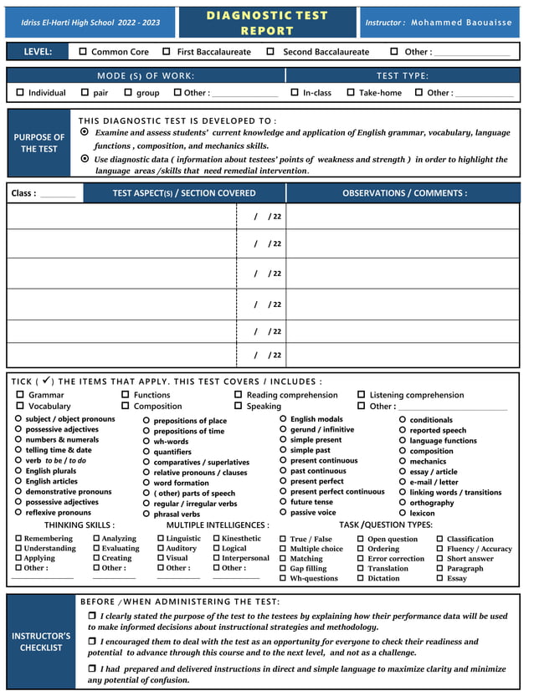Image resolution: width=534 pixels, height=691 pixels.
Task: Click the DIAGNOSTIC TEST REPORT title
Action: [x=267, y=23]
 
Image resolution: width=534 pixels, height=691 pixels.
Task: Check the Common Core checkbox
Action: [x=83, y=52]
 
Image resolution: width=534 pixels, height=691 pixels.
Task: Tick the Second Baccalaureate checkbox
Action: [x=270, y=52]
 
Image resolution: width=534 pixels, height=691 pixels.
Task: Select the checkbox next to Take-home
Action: [x=351, y=93]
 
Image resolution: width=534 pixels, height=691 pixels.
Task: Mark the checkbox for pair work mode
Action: [x=85, y=93]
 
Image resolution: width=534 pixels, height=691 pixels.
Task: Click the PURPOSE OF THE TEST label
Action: [x=39, y=143]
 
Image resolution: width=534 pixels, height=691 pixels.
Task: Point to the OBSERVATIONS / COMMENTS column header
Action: [x=404, y=193]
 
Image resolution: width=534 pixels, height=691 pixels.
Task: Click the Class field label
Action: [x=23, y=193]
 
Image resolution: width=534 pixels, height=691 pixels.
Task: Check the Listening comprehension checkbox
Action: [x=362, y=395]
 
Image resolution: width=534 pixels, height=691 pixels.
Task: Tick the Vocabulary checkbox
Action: [x=20, y=407]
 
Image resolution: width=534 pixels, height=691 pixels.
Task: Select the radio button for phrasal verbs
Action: [x=146, y=514]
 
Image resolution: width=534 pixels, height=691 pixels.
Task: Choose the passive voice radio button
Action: [x=283, y=512]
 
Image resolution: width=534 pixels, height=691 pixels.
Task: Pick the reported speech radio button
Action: [x=403, y=430]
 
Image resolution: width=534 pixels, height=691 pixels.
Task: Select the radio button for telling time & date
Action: [x=18, y=450]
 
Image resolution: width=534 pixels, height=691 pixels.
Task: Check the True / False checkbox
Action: [x=283, y=540]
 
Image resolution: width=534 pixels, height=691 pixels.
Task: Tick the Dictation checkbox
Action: [x=361, y=578]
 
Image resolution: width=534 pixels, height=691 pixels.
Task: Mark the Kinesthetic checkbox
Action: [x=216, y=539]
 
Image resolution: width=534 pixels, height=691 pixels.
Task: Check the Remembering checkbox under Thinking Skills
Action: [x=18, y=539]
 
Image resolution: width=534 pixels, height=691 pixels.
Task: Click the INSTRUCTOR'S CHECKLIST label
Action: [x=40, y=642]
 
